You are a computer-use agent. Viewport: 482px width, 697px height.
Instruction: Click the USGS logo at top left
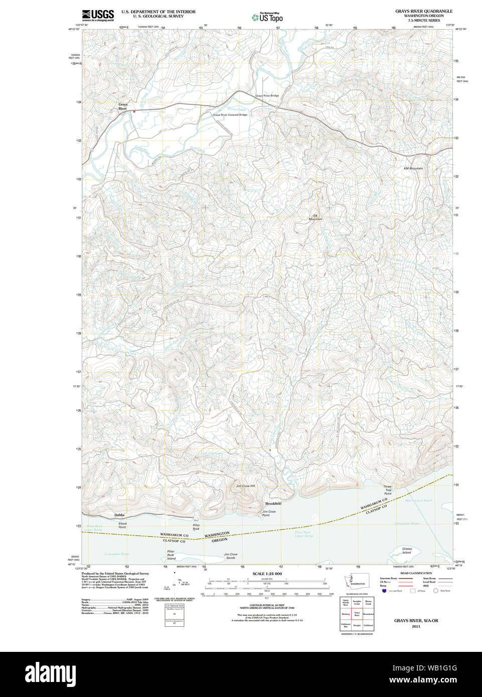pos(98,15)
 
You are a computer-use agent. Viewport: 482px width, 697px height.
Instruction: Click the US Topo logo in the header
pos(268,17)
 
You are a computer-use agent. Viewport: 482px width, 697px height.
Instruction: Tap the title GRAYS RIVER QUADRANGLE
pos(423,11)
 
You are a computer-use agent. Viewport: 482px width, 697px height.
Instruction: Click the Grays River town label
pos(123,106)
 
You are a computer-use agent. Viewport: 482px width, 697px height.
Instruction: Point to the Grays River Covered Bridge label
pos(230,115)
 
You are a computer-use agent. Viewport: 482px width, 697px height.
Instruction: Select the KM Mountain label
pos(413,168)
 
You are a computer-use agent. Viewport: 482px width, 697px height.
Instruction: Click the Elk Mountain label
pos(315,217)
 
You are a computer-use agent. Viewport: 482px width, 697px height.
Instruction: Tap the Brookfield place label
pos(273,503)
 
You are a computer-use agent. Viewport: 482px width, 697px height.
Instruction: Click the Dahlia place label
pos(119,515)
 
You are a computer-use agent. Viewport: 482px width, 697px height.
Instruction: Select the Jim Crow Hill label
pos(246,486)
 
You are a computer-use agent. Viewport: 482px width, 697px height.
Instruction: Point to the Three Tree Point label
pos(388,490)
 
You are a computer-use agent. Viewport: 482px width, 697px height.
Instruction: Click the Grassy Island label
pos(407,551)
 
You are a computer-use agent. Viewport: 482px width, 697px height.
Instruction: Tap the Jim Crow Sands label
pos(231,556)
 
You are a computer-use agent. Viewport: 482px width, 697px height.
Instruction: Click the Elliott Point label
pos(122,525)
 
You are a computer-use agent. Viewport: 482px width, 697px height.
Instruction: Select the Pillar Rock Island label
pos(172,555)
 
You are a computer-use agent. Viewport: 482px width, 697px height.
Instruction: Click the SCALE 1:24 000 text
pos(267,574)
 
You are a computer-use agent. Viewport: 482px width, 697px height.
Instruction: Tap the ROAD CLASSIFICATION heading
pos(416,573)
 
